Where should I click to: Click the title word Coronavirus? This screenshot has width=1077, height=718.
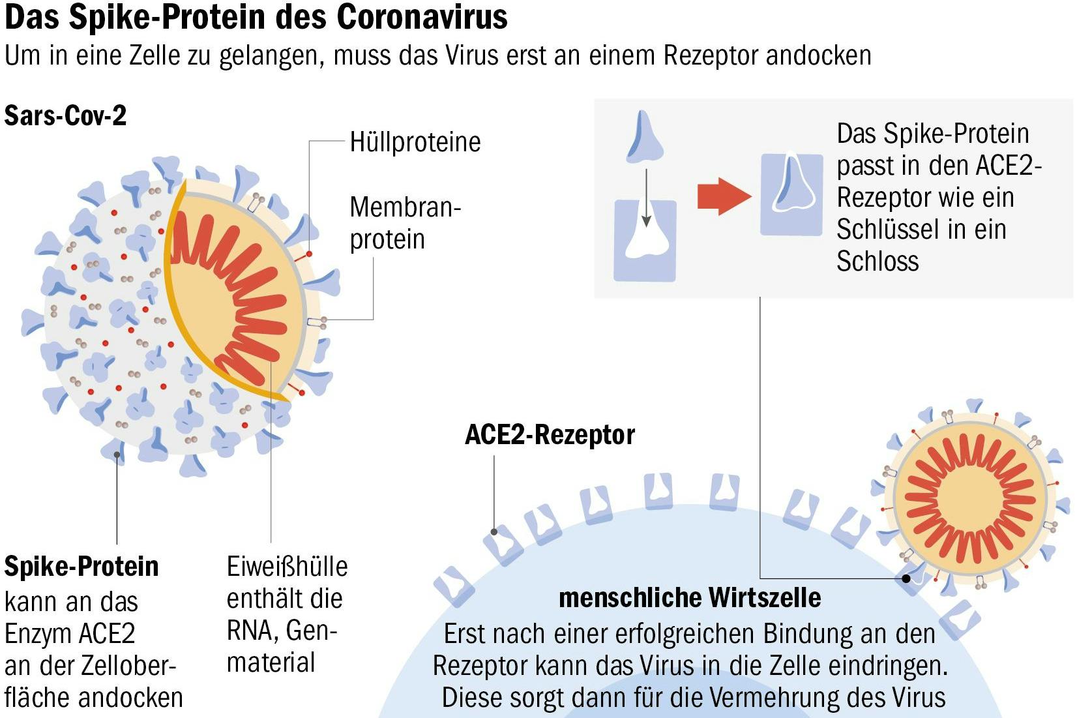pyautogui.click(x=422, y=17)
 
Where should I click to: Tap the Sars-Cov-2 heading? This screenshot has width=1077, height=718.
pyautogui.click(x=65, y=116)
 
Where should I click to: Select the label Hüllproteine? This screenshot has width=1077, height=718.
pyautogui.click(x=415, y=142)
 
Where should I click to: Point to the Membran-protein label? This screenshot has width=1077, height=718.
pyautogui.click(x=404, y=223)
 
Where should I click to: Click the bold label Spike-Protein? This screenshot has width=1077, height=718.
pyautogui.click(x=81, y=566)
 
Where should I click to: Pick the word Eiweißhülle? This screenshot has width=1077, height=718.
pyautogui.click(x=287, y=566)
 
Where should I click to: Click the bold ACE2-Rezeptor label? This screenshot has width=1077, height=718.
pyautogui.click(x=550, y=435)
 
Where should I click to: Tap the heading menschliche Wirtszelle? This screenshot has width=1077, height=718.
pyautogui.click(x=690, y=597)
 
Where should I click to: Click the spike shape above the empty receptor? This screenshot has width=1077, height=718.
pyautogui.click(x=645, y=137)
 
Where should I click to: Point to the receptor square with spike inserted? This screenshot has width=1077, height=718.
pyautogui.click(x=791, y=194)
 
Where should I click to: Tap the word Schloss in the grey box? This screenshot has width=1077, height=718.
pyautogui.click(x=878, y=262)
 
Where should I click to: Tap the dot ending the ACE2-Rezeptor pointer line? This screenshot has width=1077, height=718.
pyautogui.click(x=494, y=532)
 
